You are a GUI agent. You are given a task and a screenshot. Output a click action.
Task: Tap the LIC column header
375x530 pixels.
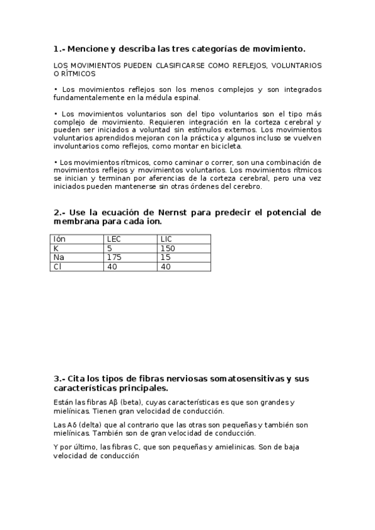166,239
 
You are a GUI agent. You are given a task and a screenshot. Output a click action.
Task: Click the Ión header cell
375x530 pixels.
59,239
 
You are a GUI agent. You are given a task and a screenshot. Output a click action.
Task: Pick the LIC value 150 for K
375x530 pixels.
167,248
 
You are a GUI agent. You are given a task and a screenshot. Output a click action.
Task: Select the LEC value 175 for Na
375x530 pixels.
114,257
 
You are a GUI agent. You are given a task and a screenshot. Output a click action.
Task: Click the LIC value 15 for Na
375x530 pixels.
165,257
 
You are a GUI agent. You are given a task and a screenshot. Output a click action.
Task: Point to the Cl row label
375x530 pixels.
58,267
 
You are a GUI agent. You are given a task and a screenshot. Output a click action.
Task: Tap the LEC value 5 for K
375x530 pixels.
110,248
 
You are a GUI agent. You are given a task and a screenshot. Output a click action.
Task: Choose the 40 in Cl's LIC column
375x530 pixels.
166,267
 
